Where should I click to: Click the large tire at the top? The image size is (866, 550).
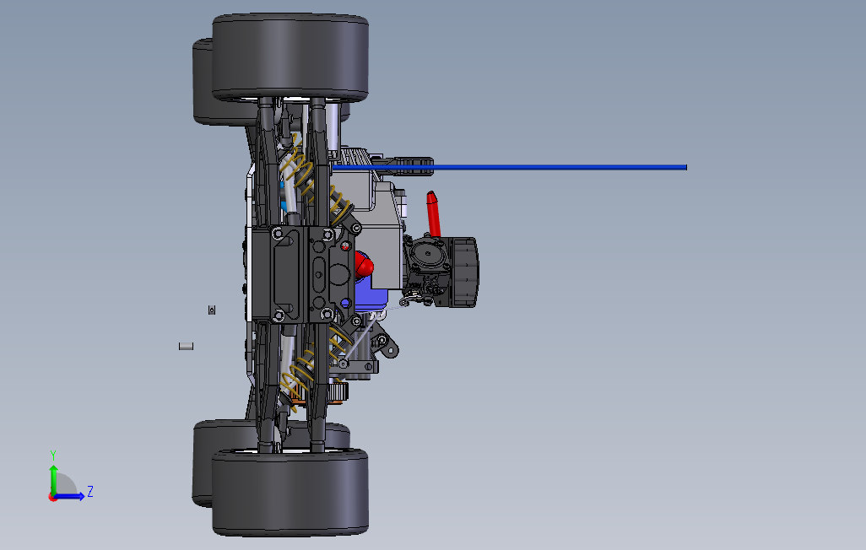(x=290, y=57)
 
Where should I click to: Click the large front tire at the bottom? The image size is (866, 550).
(x=290, y=492)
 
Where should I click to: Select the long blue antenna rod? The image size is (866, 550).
(x=509, y=167)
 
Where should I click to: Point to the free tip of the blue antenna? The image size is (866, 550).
(x=686, y=167)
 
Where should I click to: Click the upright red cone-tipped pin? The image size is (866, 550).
(x=434, y=213)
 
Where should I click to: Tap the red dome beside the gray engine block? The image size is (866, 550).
(x=364, y=265)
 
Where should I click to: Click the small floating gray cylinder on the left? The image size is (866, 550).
(x=187, y=346)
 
